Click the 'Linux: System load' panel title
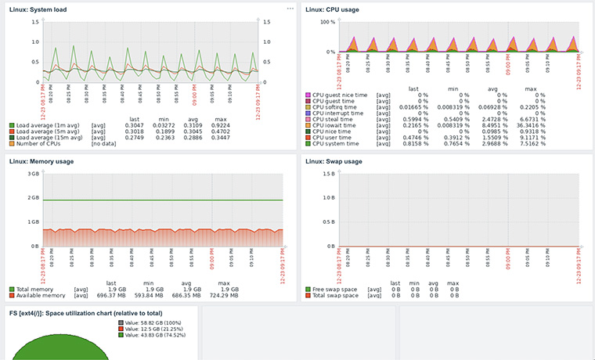(x=38, y=9)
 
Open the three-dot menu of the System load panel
(x=290, y=8)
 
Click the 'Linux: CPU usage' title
(x=334, y=9)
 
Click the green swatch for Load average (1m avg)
(x=12, y=125)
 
